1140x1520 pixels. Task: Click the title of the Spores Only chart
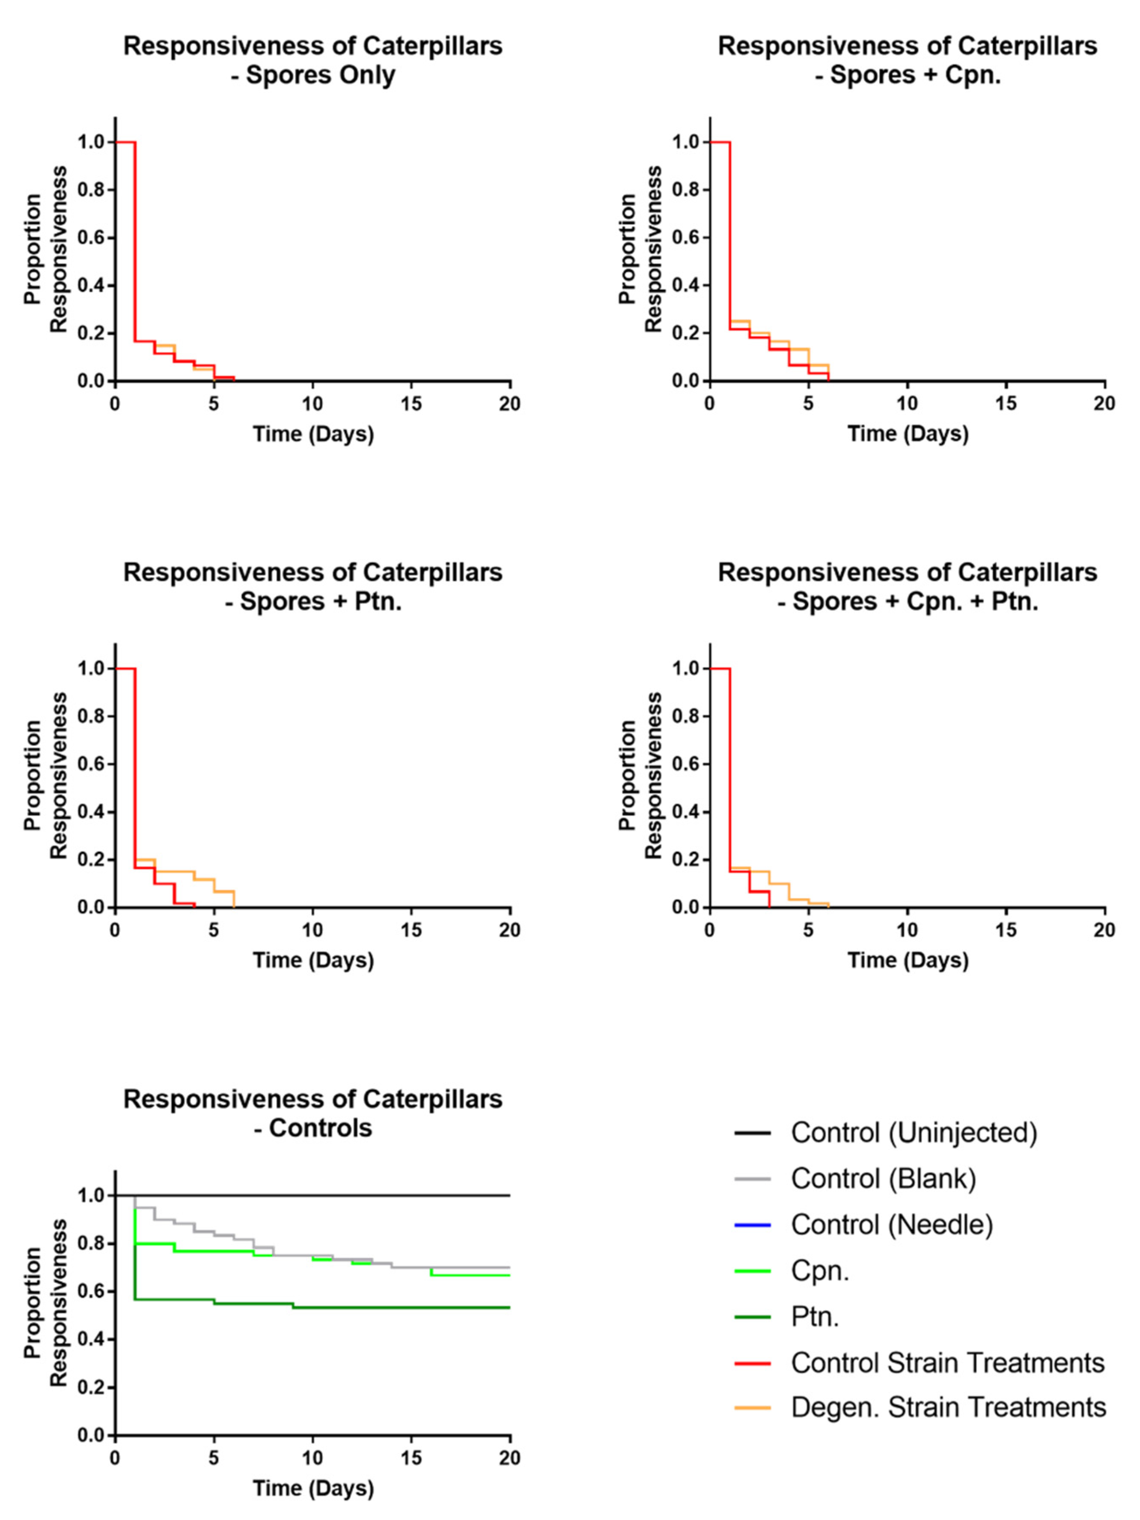313,60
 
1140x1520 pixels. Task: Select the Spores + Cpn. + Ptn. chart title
907,586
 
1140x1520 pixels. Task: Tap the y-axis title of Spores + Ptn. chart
46,775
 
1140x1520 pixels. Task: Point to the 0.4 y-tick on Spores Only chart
91,285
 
